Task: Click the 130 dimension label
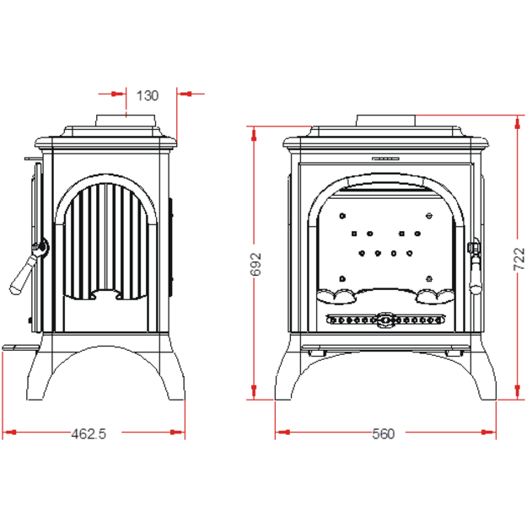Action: tap(148, 96)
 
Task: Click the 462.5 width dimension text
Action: tap(89, 433)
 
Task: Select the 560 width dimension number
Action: tap(383, 433)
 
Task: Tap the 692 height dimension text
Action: tap(255, 264)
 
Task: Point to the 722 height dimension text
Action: tap(519, 259)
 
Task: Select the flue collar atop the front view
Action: tap(386, 121)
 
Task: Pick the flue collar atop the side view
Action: tap(126, 121)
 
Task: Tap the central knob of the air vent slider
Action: tap(385, 320)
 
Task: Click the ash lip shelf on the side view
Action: tap(20, 347)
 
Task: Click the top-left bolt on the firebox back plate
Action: tap(342, 216)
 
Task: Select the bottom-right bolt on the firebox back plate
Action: tap(429, 278)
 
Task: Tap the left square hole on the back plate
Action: tap(354, 234)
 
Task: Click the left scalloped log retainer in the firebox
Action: tap(336, 297)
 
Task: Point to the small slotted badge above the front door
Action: tap(385, 159)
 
